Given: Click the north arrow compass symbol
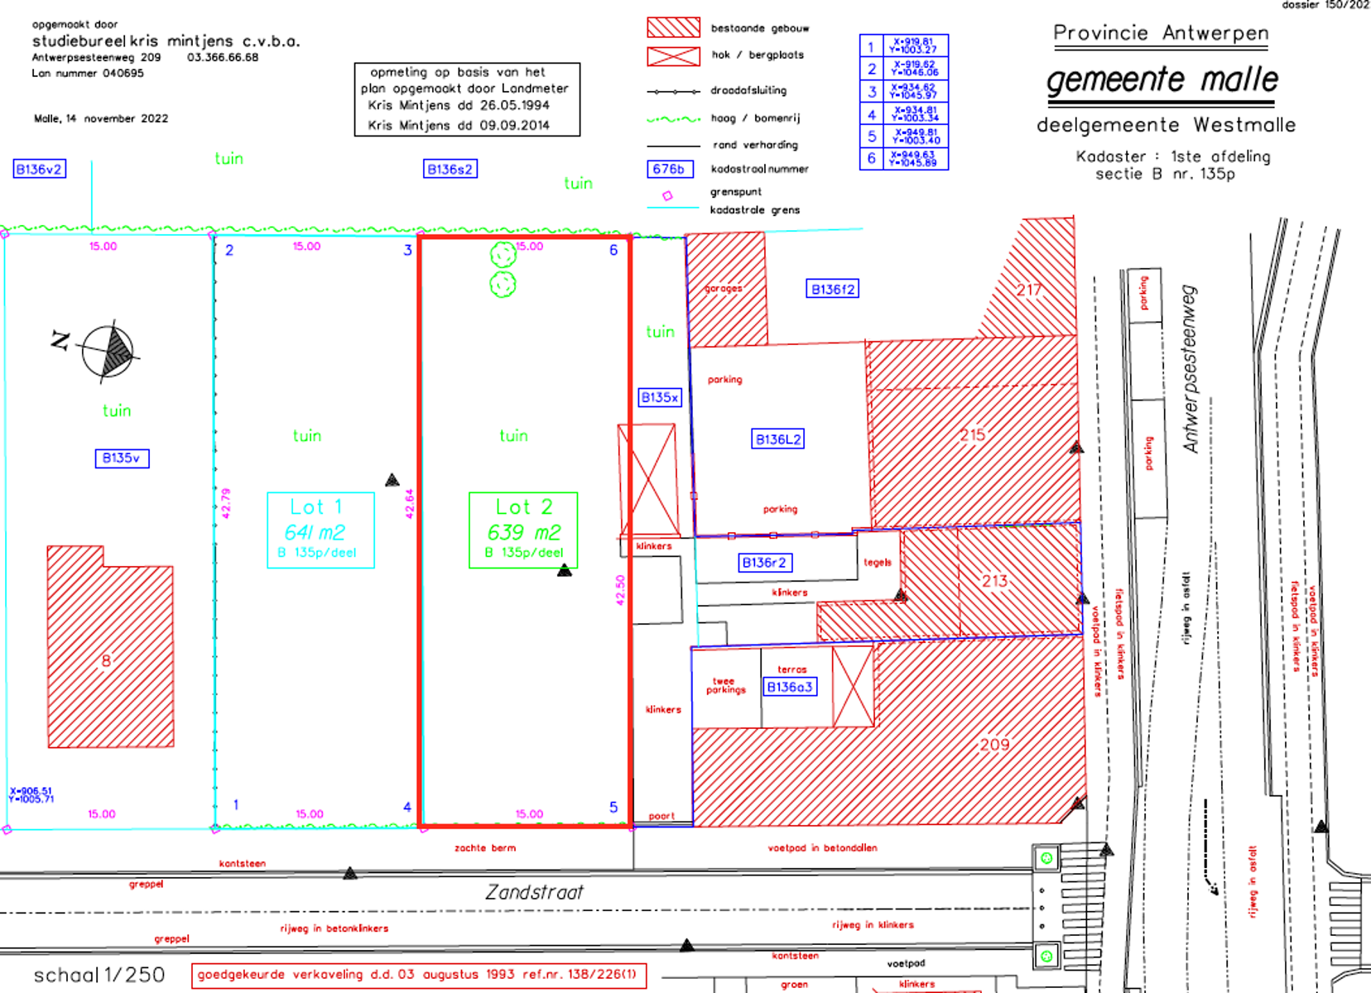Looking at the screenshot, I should (x=108, y=352).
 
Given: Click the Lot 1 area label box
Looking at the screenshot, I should (x=320, y=530).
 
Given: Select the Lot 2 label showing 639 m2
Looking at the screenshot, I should (x=523, y=530).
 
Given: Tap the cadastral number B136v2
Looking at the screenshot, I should (x=39, y=170).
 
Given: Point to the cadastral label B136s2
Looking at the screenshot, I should (x=450, y=170).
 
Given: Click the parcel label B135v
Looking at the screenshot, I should (x=122, y=458).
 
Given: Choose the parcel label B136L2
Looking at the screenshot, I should (x=778, y=439).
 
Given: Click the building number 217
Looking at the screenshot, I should (x=1029, y=290).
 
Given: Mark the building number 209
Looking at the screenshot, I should (x=994, y=745).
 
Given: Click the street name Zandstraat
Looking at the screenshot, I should (x=534, y=893).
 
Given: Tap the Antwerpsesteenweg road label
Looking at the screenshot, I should (x=1191, y=369).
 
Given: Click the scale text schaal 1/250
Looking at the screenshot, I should (x=99, y=976).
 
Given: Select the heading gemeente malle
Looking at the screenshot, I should (x=1162, y=80).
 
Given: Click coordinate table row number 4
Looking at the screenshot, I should (x=871, y=114).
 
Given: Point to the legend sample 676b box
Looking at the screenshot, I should (x=669, y=170).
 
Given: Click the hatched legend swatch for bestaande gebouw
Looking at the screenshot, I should (x=673, y=28).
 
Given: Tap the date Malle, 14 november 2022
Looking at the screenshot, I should (x=101, y=119).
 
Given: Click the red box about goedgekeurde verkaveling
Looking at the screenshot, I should (x=418, y=975).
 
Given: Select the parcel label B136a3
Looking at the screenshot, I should (x=789, y=687).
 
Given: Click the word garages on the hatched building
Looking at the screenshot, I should (x=724, y=289).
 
